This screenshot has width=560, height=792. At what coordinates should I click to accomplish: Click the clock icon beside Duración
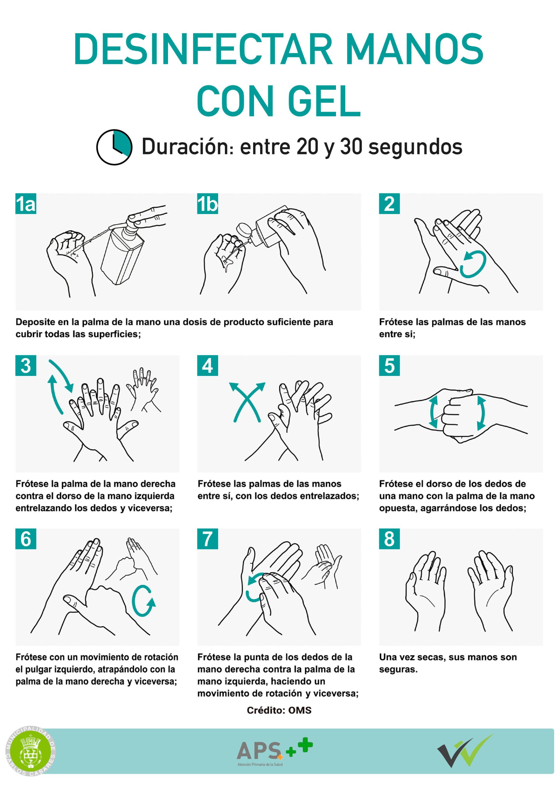click(x=114, y=147)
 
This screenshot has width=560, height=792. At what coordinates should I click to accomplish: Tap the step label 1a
click(x=26, y=204)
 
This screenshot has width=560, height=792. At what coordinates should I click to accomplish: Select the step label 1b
click(x=207, y=204)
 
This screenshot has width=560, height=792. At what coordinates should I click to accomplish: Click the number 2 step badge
click(x=389, y=204)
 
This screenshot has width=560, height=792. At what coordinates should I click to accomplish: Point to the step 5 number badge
click(x=389, y=365)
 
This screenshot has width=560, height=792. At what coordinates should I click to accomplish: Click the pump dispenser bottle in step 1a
click(x=123, y=250)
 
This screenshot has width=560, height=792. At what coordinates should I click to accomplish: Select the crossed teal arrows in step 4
click(x=247, y=402)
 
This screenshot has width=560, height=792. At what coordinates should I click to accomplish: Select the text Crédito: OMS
click(x=279, y=710)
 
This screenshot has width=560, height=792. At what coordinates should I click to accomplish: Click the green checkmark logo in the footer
click(x=466, y=754)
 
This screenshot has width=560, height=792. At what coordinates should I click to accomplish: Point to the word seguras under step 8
click(x=398, y=669)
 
